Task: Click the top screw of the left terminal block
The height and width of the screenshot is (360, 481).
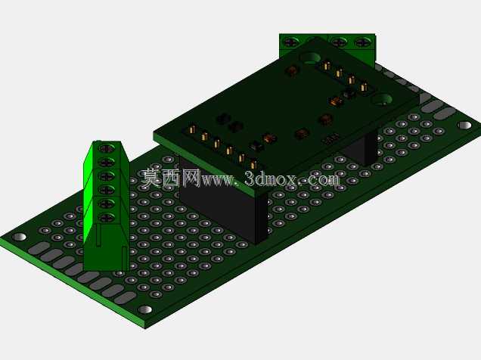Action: (107, 148)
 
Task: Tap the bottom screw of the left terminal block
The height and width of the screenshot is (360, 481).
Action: (107, 218)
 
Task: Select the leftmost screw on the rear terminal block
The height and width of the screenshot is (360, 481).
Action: (290, 42)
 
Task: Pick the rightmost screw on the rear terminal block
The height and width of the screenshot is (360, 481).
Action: (364, 42)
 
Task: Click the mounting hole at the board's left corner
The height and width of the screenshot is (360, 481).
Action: (20, 237)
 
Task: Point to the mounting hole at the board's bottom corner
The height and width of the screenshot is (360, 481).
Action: (145, 309)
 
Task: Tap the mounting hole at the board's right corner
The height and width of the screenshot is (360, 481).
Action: (464, 125)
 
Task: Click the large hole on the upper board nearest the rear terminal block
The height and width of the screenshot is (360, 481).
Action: (310, 58)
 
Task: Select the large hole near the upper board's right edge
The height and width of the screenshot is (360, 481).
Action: (382, 99)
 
